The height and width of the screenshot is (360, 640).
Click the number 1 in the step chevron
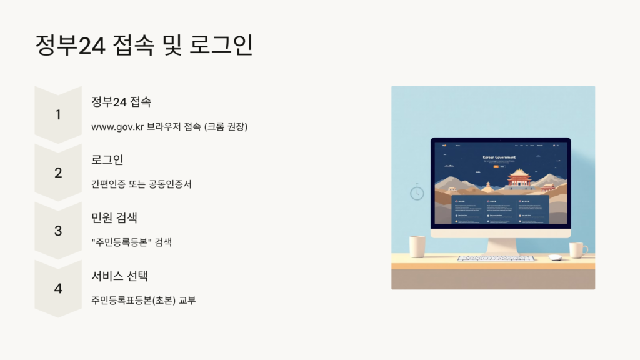tap(58, 115)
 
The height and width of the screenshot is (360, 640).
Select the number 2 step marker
tap(58, 173)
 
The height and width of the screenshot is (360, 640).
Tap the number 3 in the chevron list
tap(58, 231)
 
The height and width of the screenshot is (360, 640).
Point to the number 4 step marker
tap(58, 289)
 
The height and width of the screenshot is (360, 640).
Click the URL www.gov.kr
tap(117, 127)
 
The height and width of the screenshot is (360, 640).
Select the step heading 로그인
tap(107, 159)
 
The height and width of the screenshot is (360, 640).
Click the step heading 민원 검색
tap(114, 217)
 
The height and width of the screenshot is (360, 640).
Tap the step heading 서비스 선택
tap(119, 276)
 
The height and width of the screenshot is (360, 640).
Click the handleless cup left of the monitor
tap(417, 246)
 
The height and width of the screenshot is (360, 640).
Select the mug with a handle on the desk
tap(577, 250)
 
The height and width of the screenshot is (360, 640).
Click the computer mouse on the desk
tap(555, 257)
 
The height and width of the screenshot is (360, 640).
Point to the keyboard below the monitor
tap(496, 258)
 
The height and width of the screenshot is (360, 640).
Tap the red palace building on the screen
tap(519, 177)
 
